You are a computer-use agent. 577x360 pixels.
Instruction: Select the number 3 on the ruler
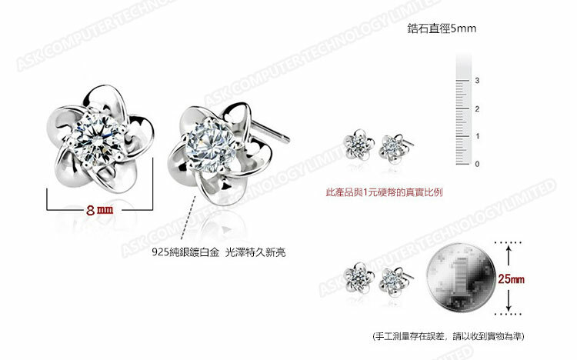[x=477, y=80]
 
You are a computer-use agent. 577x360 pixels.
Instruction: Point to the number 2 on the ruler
[x=477, y=108]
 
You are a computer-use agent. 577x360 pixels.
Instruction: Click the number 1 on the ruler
[x=477, y=136]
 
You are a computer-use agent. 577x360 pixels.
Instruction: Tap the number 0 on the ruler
[x=477, y=164]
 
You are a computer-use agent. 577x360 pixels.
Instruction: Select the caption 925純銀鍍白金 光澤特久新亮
[x=207, y=252]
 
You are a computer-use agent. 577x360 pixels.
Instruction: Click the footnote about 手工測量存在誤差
[x=447, y=337]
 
